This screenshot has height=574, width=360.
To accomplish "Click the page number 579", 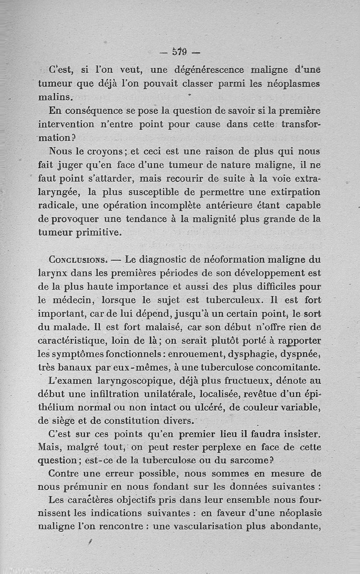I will (x=180, y=52).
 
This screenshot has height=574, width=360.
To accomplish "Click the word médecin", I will (x=71, y=300).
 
